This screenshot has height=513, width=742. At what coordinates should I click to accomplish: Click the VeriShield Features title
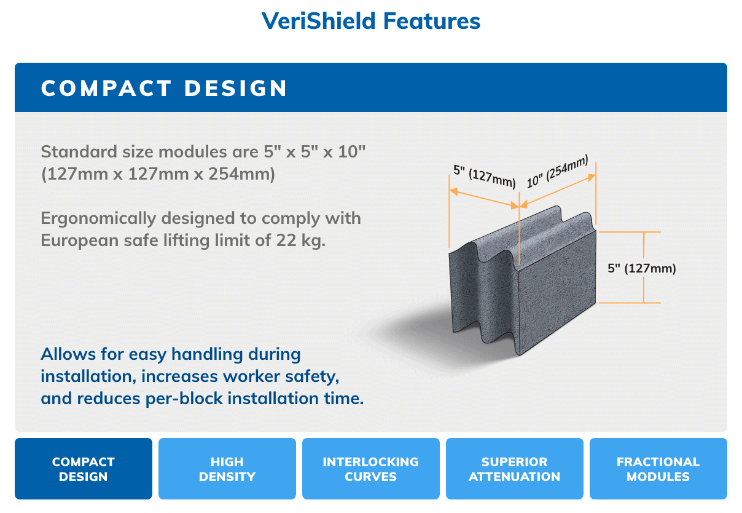tap(370, 21)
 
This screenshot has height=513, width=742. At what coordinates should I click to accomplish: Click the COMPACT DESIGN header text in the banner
tap(164, 88)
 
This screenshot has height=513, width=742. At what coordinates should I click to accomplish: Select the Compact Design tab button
tap(84, 469)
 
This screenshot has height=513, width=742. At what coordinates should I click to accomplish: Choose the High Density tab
tap(227, 469)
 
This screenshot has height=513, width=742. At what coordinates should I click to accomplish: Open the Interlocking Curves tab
tap(371, 469)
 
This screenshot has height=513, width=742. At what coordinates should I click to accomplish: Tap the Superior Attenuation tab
tap(515, 469)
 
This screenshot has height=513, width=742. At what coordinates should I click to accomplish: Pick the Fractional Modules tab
tap(658, 469)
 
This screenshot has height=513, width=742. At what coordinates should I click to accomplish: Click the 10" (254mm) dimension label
tap(558, 171)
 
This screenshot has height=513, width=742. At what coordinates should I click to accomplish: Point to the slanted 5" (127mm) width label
tap(484, 176)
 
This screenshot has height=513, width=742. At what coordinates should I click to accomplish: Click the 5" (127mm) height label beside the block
tap(642, 268)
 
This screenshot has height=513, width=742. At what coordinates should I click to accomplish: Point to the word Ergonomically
tap(98, 219)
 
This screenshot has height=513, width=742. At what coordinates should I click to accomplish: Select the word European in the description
tap(79, 240)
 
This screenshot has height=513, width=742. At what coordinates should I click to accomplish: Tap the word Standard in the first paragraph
tap(79, 152)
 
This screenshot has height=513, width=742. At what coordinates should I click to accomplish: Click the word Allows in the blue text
tap(68, 354)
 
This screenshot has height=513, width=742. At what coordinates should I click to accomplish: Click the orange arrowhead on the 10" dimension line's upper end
tap(592, 178)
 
